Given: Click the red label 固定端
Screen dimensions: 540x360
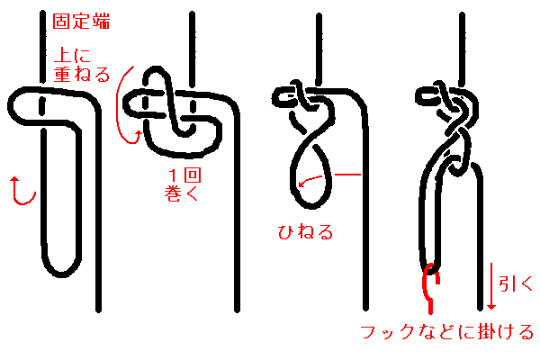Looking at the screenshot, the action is point(81,22).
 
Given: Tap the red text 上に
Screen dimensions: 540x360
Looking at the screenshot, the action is point(72,55).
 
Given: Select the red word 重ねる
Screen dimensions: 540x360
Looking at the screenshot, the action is point(82,74).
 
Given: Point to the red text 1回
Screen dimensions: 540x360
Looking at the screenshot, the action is point(184,175).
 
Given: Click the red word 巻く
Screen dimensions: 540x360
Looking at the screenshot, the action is point(182,193).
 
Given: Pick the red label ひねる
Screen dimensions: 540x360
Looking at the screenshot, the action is point(305,231).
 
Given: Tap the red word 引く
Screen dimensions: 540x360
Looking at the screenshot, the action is point(516,283).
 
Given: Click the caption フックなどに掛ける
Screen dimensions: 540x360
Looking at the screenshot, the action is point(446,332).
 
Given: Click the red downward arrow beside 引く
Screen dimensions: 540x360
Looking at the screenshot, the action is point(491,286).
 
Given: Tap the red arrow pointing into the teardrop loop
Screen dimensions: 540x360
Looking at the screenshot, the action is point(310,180).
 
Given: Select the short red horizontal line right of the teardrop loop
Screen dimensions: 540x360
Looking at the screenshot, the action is point(347,175).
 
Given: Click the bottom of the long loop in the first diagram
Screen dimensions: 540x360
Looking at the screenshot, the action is point(61,274).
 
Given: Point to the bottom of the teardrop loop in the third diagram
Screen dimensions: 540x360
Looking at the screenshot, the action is point(311,206).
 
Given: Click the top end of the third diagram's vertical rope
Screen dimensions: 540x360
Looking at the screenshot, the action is point(319,15).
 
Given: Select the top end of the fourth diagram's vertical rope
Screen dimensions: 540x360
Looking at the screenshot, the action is point(463,14).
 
